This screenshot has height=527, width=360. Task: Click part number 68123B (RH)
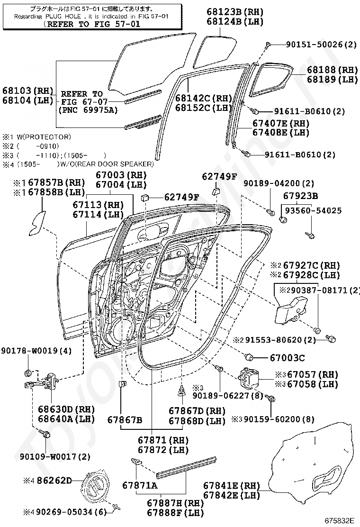coord(235,12)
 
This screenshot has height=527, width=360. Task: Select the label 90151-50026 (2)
coord(321,44)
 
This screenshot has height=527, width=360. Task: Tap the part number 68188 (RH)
coord(332,70)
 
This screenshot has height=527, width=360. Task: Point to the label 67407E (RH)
coord(281,123)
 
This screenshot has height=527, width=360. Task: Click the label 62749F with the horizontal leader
coord(181,197)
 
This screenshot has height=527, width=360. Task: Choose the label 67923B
coord(301,196)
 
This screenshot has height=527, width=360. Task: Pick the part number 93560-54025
coord(313,210)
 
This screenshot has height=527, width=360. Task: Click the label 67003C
coord(288,358)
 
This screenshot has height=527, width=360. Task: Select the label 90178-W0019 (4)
coord(36,351)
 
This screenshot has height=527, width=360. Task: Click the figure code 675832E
coord(339,521)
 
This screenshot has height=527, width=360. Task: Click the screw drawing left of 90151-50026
coord(268,44)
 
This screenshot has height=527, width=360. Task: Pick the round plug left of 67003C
coord(249,357)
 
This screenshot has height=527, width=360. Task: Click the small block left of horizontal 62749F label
coord(145,197)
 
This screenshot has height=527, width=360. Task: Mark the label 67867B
coord(125,420)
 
